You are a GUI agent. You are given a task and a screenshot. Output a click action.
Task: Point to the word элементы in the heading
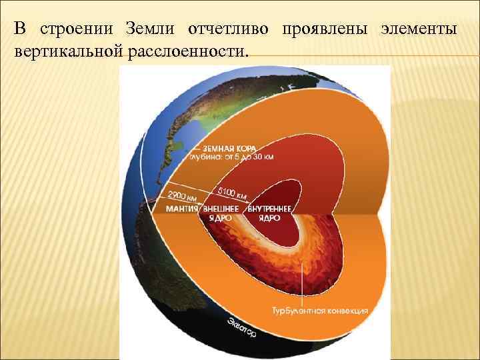point(419,29)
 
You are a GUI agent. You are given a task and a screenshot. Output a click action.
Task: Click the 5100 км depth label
point(233,192)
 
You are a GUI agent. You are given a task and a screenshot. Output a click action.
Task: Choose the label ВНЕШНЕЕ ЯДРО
point(223,213)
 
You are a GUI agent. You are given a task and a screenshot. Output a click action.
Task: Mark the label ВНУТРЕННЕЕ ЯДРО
point(269,213)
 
